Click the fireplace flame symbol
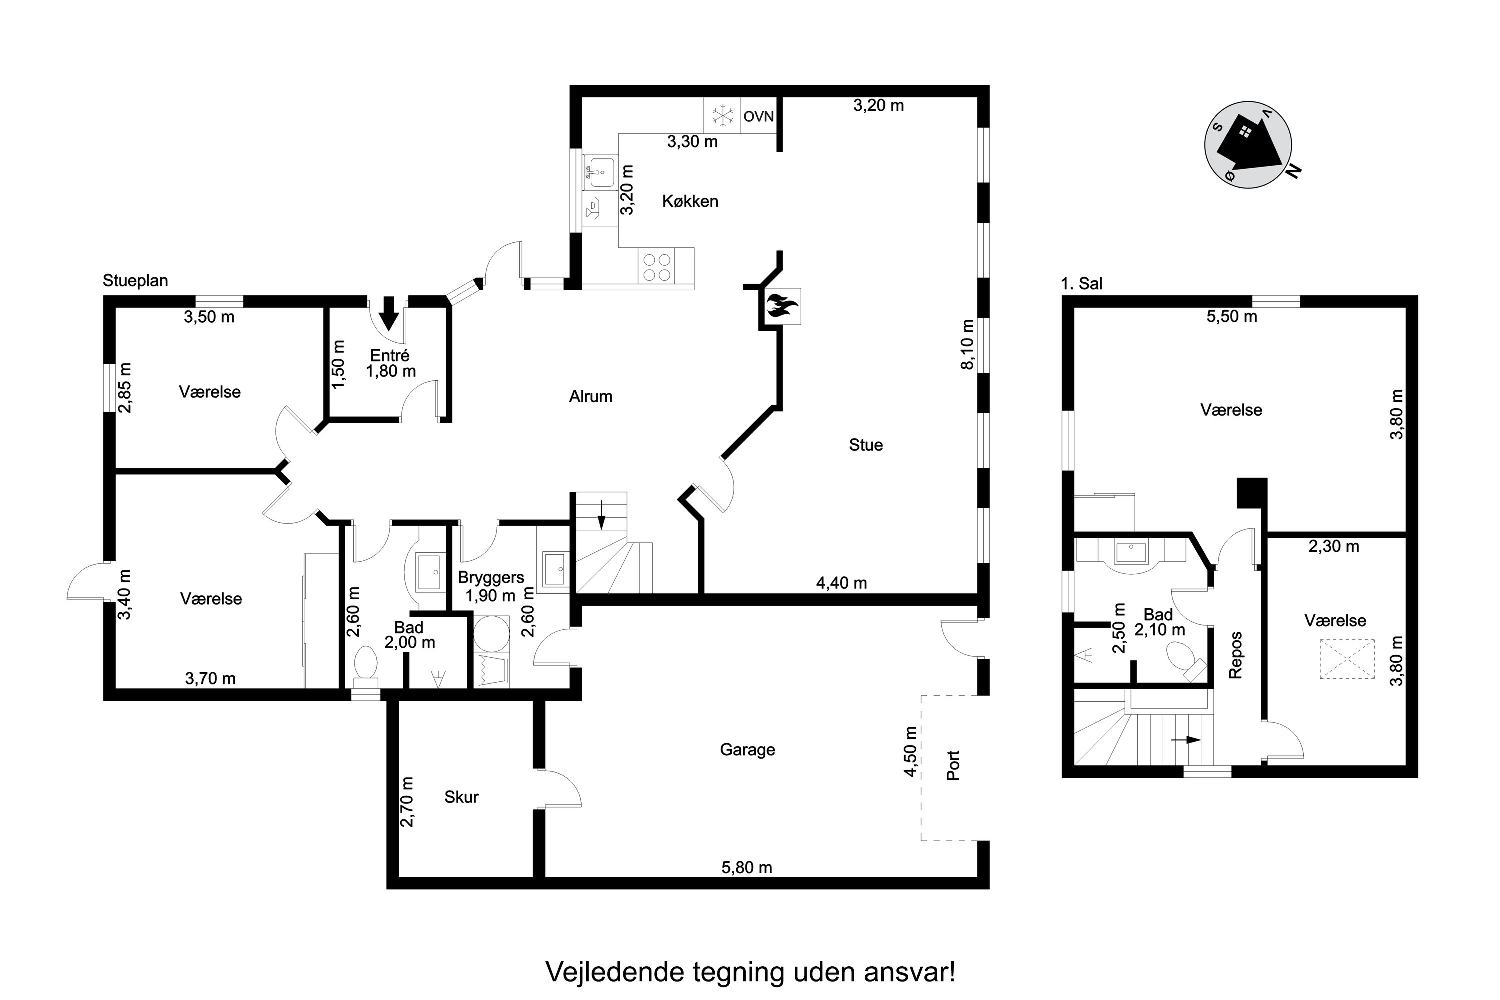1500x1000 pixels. (x=781, y=306)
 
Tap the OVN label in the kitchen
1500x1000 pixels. (x=759, y=116)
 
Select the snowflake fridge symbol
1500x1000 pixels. (x=722, y=116)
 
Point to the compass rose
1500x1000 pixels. (x=1248, y=145)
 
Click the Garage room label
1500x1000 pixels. (x=747, y=750)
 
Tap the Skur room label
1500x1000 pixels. (x=461, y=797)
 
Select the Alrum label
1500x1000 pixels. (x=590, y=396)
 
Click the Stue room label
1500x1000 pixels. (x=866, y=445)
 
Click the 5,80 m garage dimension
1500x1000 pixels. (x=747, y=868)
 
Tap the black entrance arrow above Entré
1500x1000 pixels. (x=388, y=313)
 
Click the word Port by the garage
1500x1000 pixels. (x=953, y=765)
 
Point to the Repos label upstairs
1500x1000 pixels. (x=1236, y=655)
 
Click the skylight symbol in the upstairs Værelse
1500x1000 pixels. (x=1347, y=659)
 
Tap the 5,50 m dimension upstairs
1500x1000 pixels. (x=1232, y=317)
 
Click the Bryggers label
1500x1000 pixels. (x=491, y=578)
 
